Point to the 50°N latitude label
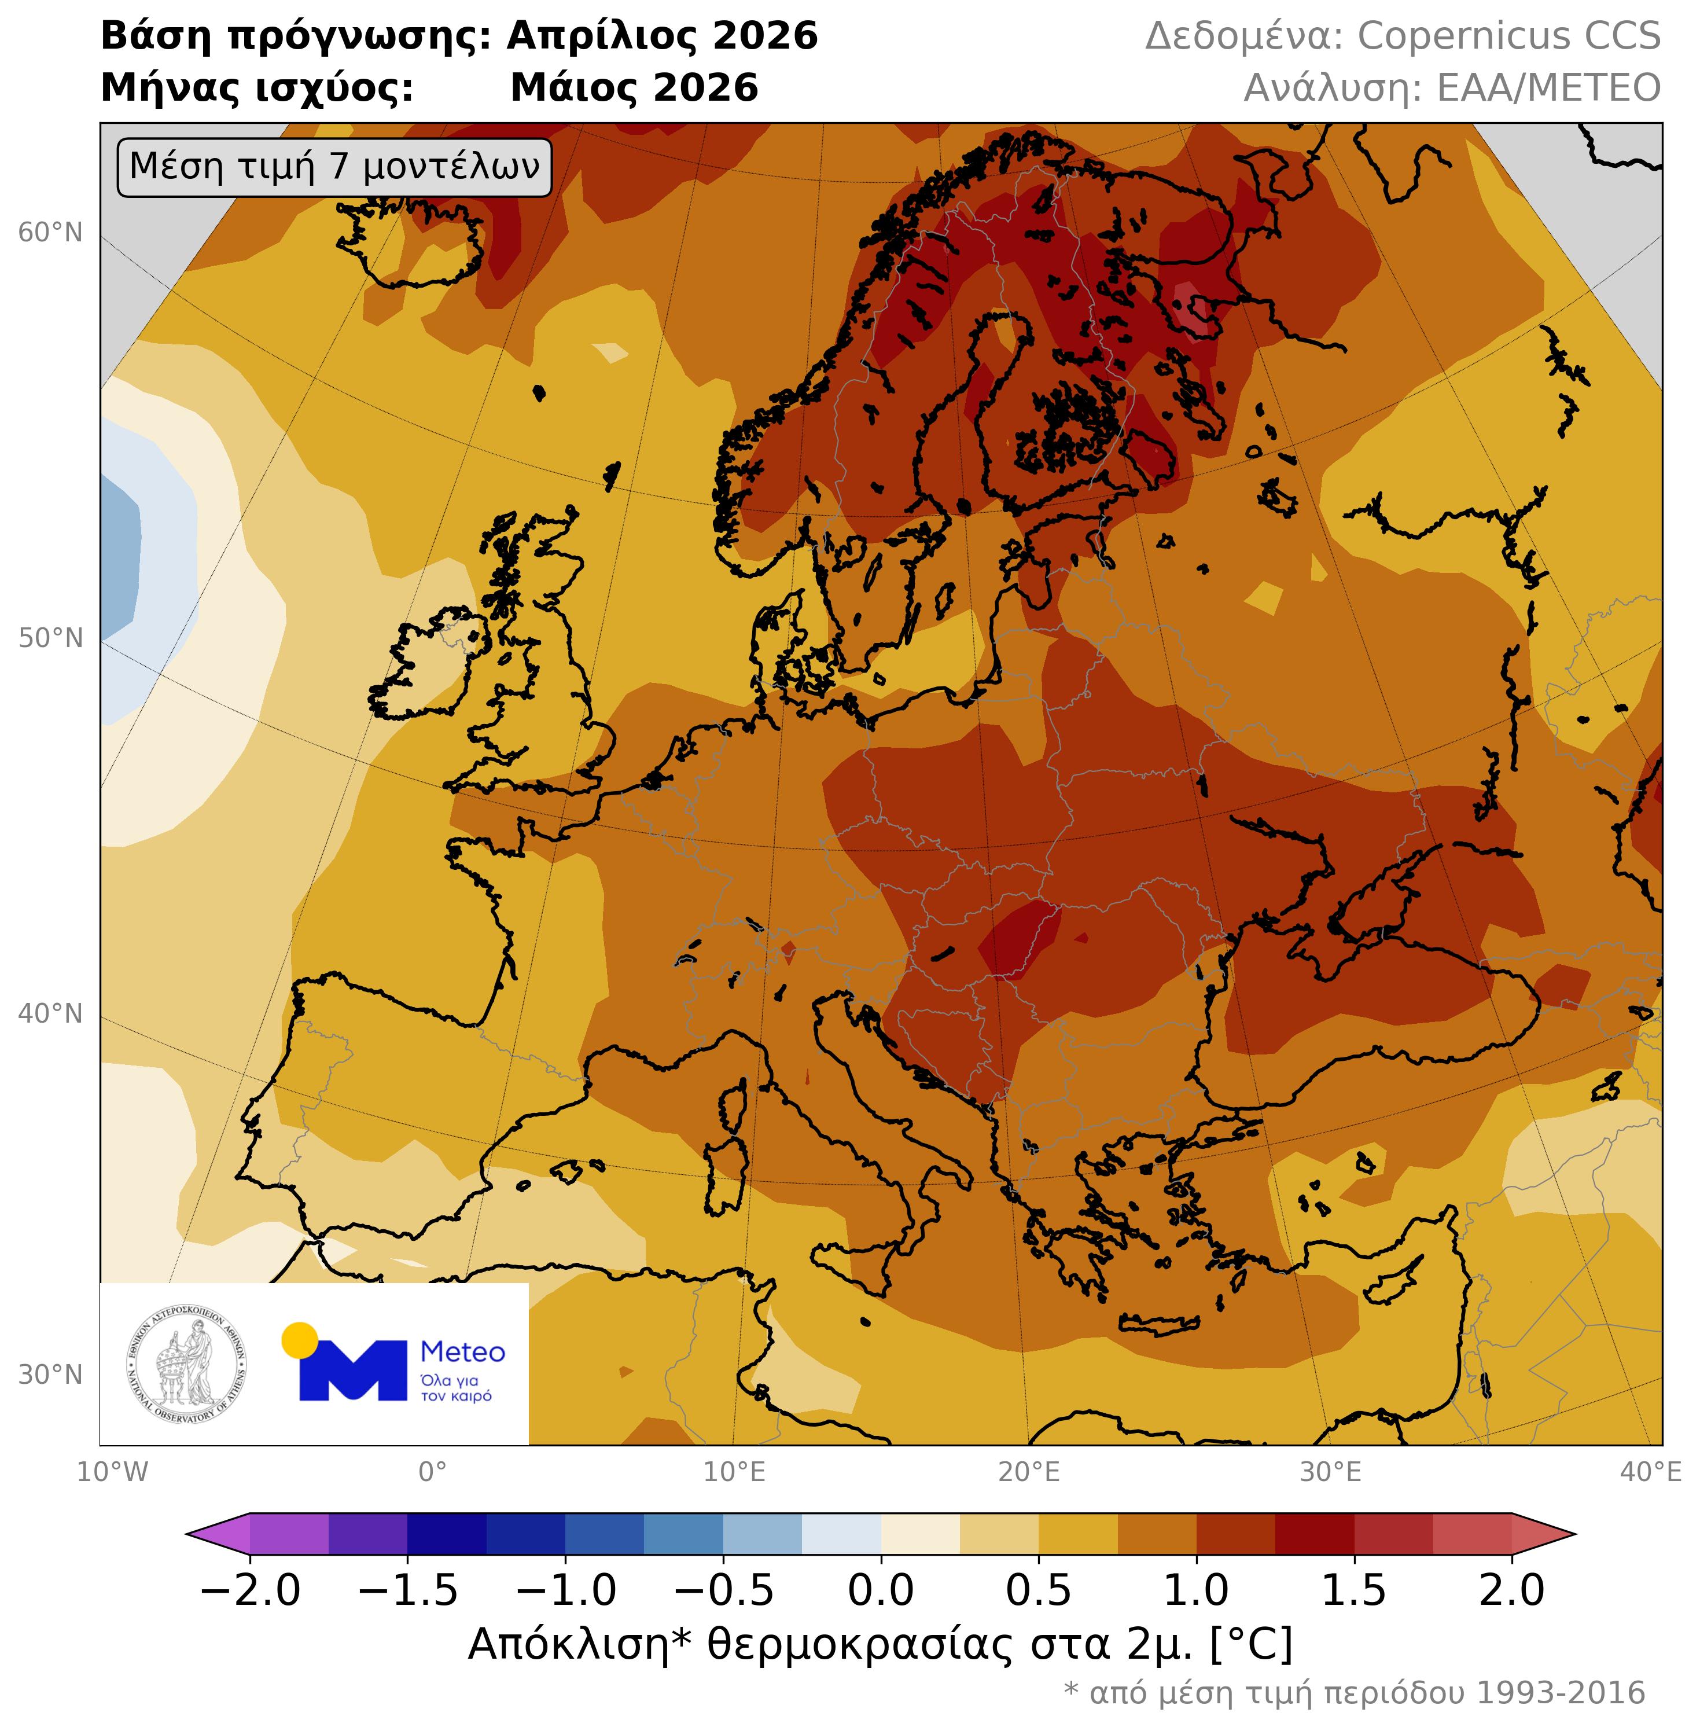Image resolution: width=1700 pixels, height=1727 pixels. point(50,638)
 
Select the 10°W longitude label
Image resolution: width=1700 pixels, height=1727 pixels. point(112,1472)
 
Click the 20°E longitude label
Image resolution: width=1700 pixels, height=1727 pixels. point(1029,1472)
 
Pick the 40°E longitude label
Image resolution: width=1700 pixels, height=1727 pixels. point(1650,1472)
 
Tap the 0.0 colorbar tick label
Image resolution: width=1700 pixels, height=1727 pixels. point(881,1590)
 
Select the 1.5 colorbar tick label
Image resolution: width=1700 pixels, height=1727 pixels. point(1355,1590)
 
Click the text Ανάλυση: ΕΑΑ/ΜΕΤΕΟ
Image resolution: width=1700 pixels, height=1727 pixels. point(1452,89)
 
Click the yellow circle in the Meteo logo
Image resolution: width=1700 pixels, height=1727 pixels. point(300,1340)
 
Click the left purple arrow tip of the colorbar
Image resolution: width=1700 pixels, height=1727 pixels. point(201,1534)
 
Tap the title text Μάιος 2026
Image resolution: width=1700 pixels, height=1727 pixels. point(634,89)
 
